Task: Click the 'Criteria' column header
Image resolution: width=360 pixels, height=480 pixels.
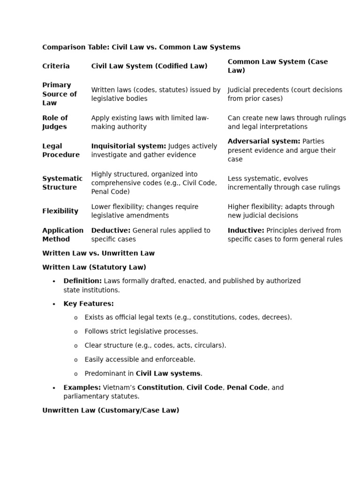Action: pyautogui.click(x=56, y=66)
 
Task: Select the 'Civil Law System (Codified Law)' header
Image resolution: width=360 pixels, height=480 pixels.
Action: pyautogui.click(x=149, y=66)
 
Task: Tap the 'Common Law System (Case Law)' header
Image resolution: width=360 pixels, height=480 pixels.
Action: pyautogui.click(x=277, y=66)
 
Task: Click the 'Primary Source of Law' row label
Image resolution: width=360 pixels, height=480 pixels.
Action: pyautogui.click(x=59, y=94)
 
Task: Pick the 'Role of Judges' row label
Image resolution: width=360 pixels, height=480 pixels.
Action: pyautogui.click(x=55, y=122)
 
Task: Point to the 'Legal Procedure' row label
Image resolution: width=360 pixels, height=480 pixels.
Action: pyautogui.click(x=60, y=150)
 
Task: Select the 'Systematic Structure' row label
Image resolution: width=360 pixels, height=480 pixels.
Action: pyautogui.click(x=62, y=183)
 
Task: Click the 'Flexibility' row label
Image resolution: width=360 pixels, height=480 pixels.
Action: pyautogui.click(x=60, y=211)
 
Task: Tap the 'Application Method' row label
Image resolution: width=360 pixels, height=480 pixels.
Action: pyautogui.click(x=62, y=235)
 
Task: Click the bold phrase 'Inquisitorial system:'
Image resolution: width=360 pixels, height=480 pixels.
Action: pyautogui.click(x=128, y=146)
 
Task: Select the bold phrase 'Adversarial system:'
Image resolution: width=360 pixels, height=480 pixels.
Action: pyautogui.click(x=264, y=141)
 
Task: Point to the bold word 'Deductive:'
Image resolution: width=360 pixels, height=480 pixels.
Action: pyautogui.click(x=111, y=230)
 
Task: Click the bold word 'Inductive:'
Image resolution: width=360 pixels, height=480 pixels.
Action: pyautogui.click(x=246, y=230)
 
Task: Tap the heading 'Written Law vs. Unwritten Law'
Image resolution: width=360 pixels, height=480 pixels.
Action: pyautogui.click(x=98, y=253)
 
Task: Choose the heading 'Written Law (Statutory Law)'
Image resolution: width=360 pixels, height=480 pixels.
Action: pyautogui.click(x=94, y=267)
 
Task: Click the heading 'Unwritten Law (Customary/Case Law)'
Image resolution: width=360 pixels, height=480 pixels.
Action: pyautogui.click(x=111, y=410)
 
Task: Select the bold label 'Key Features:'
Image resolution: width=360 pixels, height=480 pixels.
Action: pyautogui.click(x=89, y=304)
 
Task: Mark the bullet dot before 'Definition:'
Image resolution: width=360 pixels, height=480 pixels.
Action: pyautogui.click(x=54, y=281)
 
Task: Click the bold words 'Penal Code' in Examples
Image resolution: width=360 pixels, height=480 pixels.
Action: pyautogui.click(x=247, y=388)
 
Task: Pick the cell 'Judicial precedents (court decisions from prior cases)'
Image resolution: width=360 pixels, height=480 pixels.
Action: pyautogui.click(x=285, y=94)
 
